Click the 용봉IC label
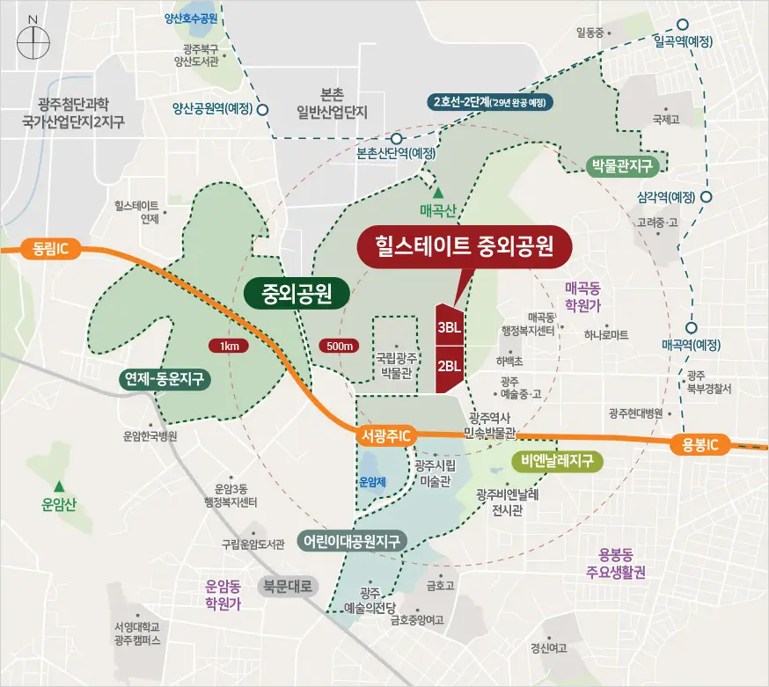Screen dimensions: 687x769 click(x=701, y=444)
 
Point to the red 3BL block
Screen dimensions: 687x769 click(x=449, y=326)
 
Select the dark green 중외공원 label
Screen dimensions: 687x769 click(x=295, y=293)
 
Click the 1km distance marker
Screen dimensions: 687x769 click(x=231, y=346)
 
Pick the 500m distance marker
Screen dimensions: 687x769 click(x=339, y=346)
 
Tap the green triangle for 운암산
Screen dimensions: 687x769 click(x=59, y=486)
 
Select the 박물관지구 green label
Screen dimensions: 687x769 click(x=626, y=165)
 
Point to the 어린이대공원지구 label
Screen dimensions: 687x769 click(x=352, y=540)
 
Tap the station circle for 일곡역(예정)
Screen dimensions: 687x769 click(x=683, y=26)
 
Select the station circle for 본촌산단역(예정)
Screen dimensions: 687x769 click(x=397, y=138)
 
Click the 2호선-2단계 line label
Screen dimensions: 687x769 click(x=490, y=102)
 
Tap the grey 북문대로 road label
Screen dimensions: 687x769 click(x=289, y=587)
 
